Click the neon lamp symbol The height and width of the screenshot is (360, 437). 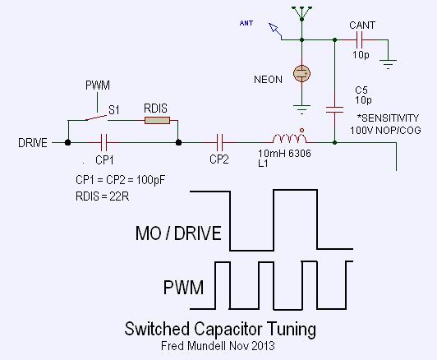tap(301, 73)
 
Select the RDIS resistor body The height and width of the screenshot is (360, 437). tap(157, 121)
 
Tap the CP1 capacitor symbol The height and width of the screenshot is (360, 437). tap(104, 142)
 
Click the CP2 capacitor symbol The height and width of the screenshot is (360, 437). tap(220, 142)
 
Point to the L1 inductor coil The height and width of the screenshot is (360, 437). tap(289, 138)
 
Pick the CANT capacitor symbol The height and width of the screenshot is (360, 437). tap(360, 40)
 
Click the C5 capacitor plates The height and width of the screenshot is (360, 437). tap(334, 109)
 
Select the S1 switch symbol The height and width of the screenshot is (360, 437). tap(96, 118)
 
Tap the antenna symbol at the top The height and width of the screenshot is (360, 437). tap(301, 14)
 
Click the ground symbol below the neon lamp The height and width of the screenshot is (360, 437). tap(301, 109)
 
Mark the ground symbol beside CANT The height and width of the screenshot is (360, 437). tap(388, 64)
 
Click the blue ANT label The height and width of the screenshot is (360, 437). tap(246, 23)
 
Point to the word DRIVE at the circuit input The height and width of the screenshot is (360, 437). tap(33, 143)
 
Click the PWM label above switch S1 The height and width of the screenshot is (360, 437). tap(98, 85)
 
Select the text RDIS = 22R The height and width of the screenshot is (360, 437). tap(103, 196)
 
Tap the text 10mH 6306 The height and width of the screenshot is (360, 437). tap(284, 153)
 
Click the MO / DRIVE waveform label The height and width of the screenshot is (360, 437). tap(178, 233)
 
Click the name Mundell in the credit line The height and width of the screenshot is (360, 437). tap(206, 346)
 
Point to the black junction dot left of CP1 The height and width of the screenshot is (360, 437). tap(67, 142)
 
